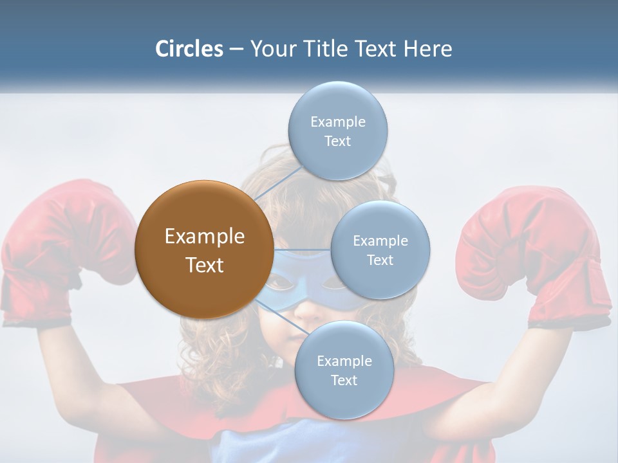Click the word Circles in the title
coord(189,49)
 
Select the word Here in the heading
coord(427,49)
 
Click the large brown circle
coord(204,250)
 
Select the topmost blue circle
coord(337,131)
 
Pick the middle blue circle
coord(380,250)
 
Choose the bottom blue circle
coord(344,370)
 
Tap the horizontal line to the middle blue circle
coord(303,250)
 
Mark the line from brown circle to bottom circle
coord(279,314)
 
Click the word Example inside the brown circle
coord(204,237)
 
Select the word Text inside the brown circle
coord(204,265)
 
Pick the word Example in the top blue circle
coord(337,122)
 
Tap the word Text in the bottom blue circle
coord(344,381)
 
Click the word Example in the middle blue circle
coord(380,241)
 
